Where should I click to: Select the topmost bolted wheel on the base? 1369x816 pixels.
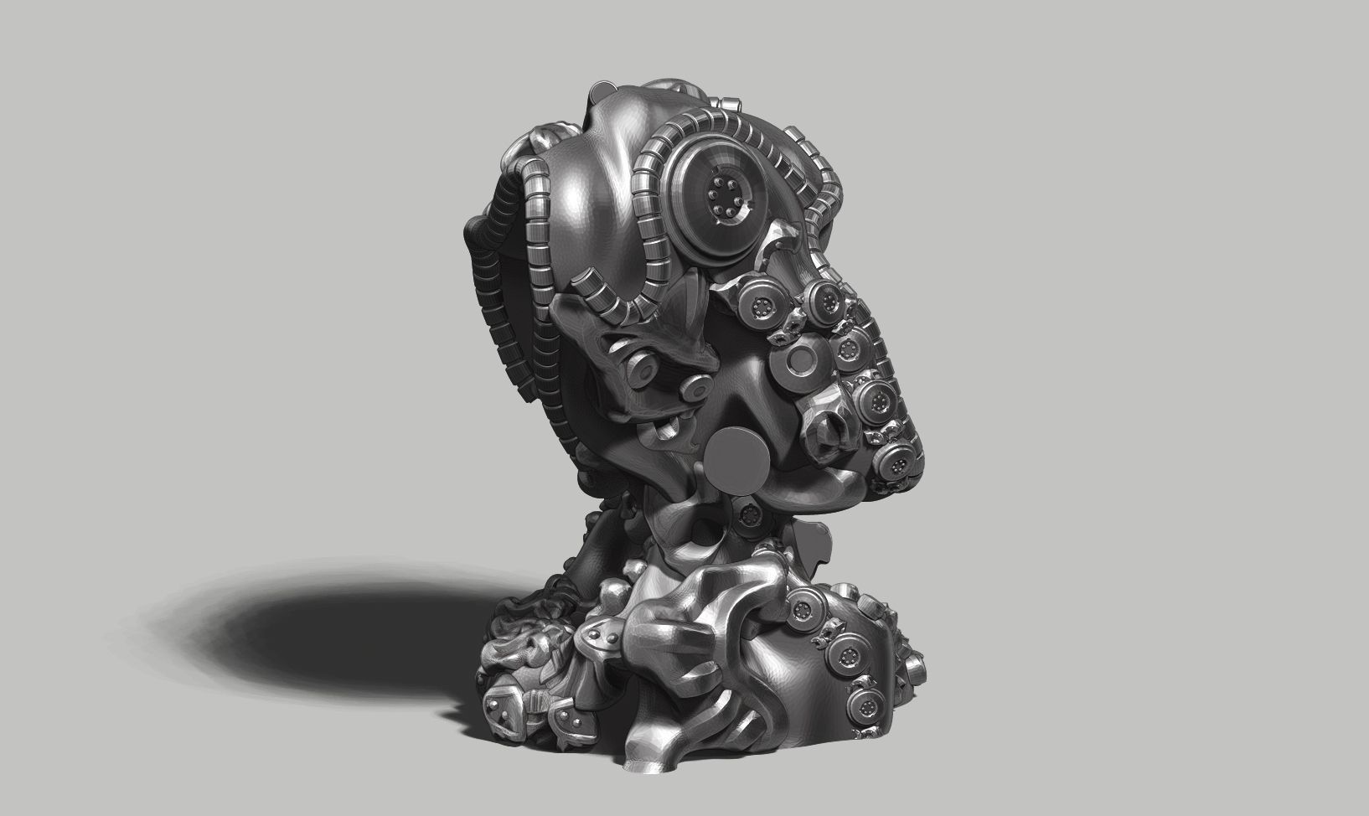807,601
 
